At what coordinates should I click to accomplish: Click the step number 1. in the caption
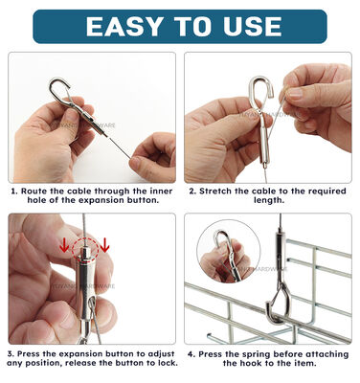click(15, 191)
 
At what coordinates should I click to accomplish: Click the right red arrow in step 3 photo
click(104, 244)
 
